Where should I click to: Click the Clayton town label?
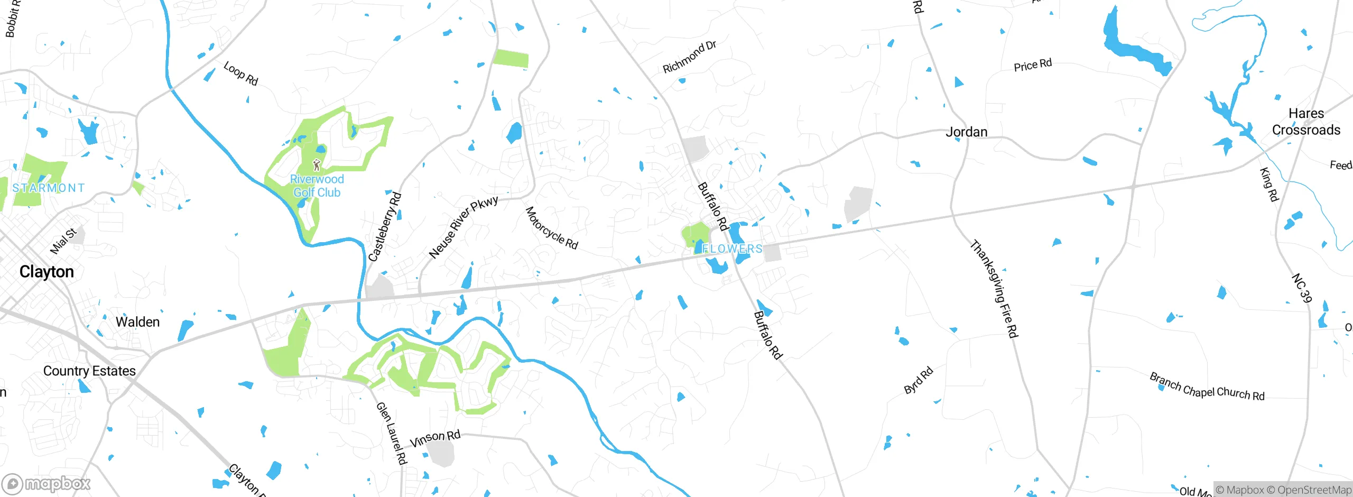pyautogui.click(x=47, y=272)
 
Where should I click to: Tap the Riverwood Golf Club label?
pyautogui.click(x=317, y=186)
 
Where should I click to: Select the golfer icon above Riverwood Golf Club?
pyautogui.click(x=317, y=165)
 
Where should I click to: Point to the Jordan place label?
pyautogui.click(x=966, y=132)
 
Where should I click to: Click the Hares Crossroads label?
pyautogui.click(x=1306, y=122)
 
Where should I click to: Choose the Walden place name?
pyautogui.click(x=137, y=322)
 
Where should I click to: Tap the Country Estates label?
pyautogui.click(x=89, y=371)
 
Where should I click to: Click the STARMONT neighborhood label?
pyautogui.click(x=49, y=188)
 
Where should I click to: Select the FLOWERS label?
pyautogui.click(x=732, y=248)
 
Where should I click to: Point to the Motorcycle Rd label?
pyautogui.click(x=552, y=228)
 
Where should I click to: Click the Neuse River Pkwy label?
pyautogui.click(x=463, y=227)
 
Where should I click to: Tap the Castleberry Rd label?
pyautogui.click(x=385, y=227)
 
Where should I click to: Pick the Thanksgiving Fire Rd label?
pyautogui.click(x=994, y=289)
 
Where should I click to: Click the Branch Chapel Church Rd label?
pyautogui.click(x=1207, y=387)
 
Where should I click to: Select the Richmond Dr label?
pyautogui.click(x=690, y=57)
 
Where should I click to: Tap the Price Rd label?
pyautogui.click(x=1033, y=65)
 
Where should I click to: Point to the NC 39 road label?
pyautogui.click(x=1301, y=288)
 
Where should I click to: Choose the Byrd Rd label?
pyautogui.click(x=919, y=380)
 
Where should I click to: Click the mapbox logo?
pyautogui.click(x=47, y=483)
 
